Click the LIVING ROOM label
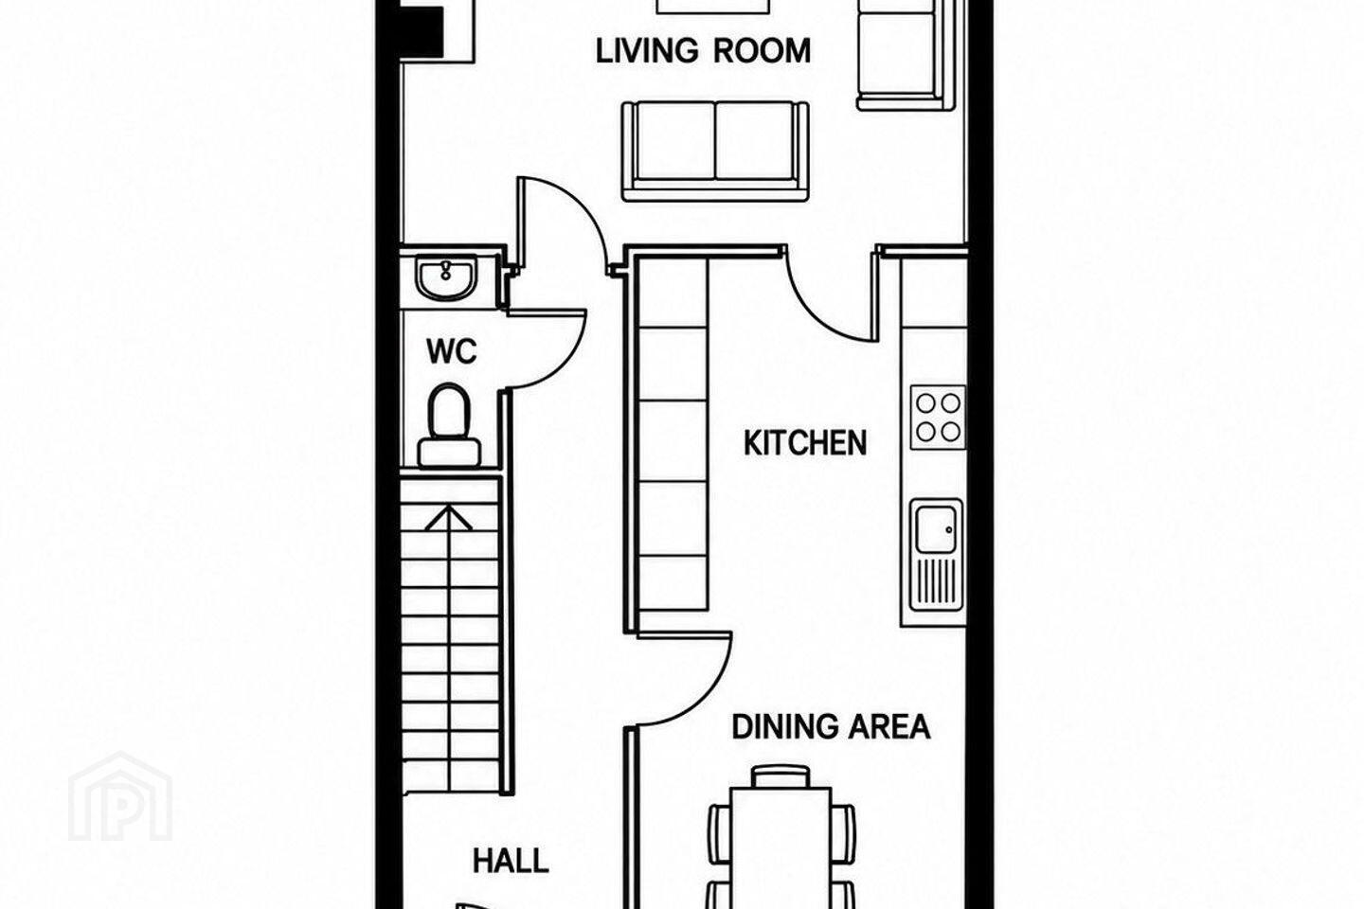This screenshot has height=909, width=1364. tap(703, 51)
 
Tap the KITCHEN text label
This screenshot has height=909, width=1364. tap(805, 443)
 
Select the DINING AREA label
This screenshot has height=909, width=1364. tap(831, 726)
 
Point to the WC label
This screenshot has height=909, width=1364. tap(451, 351)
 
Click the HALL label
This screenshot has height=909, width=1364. tap(511, 862)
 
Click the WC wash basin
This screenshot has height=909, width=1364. tap(446, 278)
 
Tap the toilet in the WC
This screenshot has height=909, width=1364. tap(449, 425)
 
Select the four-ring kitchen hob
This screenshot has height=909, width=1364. tap(938, 417)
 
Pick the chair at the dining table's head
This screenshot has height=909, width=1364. tap(781, 776)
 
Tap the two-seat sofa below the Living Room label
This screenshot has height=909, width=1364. tap(715, 151)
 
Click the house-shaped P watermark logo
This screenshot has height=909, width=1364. tap(120, 797)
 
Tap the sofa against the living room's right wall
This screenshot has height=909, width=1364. tap(906, 55)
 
